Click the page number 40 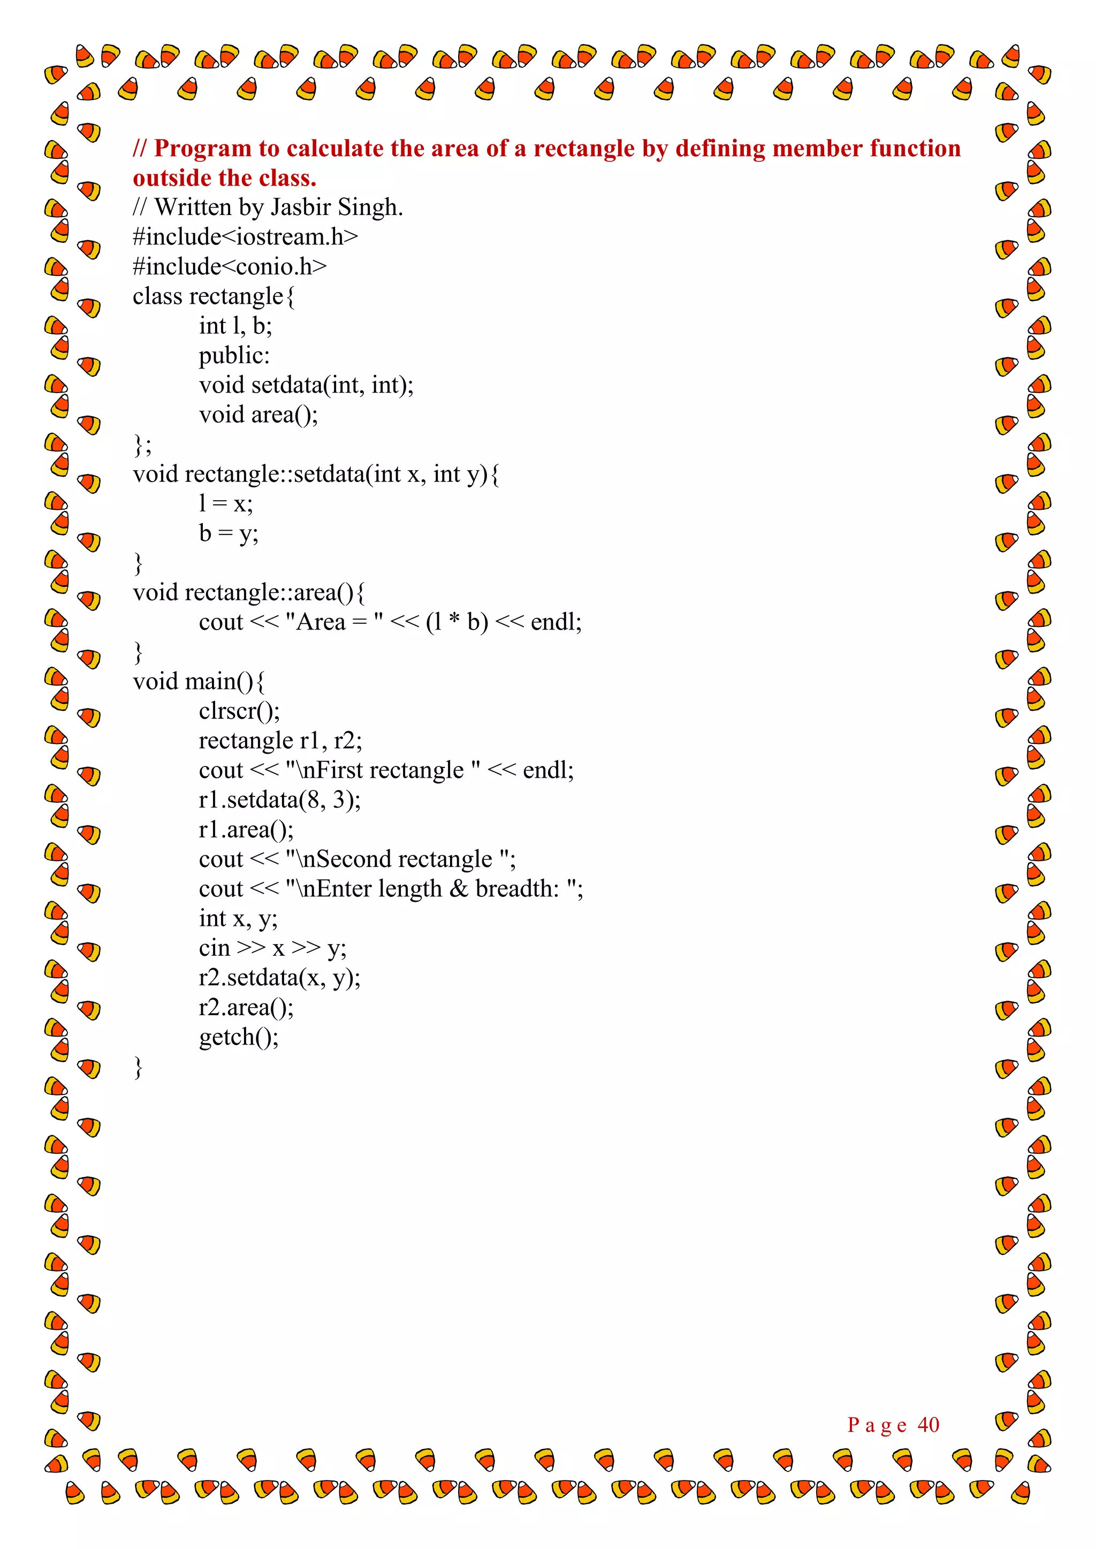[928, 1424]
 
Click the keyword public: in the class [233, 356]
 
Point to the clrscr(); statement [239, 711]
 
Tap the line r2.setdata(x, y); [279, 978]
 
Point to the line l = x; [225, 503]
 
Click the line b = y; [228, 533]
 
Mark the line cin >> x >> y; [272, 948]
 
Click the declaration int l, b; [235, 326]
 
